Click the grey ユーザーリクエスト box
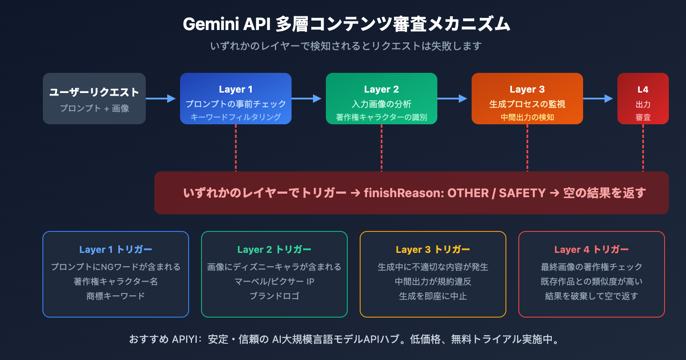[94, 99]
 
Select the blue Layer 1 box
[236, 99]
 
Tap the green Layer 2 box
[382, 99]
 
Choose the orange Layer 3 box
[527, 99]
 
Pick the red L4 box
[643, 99]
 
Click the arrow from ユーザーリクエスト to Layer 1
[161, 99]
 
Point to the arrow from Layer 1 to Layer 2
[307, 99]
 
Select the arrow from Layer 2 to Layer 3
[452, 99]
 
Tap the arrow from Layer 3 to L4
[598, 99]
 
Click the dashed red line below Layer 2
[382, 148]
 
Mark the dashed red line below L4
[643, 148]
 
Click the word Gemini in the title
[211, 24]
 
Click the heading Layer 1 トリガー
[116, 249]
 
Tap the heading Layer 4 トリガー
[592, 249]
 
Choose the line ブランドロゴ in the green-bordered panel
[274, 296]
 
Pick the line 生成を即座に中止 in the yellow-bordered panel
[433, 296]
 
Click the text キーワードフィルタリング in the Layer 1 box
[236, 117]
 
